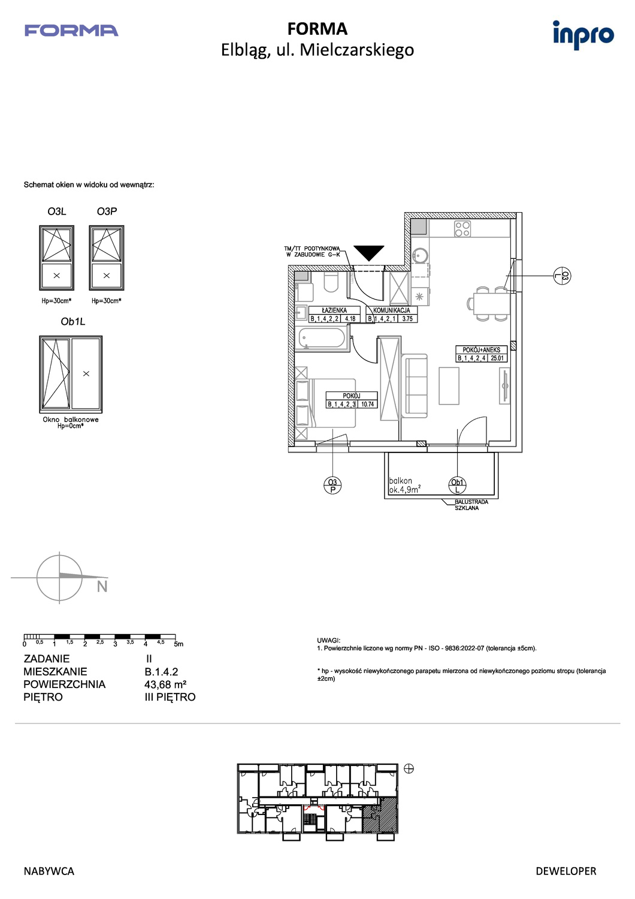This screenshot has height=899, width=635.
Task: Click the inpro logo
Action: tap(583, 35)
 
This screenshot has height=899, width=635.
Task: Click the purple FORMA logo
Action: tap(71, 31)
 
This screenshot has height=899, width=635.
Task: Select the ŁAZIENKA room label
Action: tap(334, 310)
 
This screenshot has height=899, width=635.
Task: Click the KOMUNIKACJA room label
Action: tap(392, 310)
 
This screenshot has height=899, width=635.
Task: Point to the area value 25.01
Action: tap(497, 358)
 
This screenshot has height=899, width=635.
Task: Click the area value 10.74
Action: tap(367, 404)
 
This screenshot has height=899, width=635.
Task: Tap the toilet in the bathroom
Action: tap(331, 282)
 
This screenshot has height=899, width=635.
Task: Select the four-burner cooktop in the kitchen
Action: tap(462, 229)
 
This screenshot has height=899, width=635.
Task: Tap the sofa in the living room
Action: tap(414, 386)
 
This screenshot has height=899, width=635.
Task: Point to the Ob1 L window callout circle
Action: tap(457, 485)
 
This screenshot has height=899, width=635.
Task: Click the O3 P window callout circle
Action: tap(332, 485)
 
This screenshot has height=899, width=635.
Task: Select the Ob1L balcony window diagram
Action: tap(71, 374)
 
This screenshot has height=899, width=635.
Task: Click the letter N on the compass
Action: tap(102, 587)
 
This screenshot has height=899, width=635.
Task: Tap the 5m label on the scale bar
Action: tap(179, 644)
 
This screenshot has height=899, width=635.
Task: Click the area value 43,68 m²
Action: tap(165, 684)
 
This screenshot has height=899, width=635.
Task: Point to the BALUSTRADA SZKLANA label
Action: tap(471, 505)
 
